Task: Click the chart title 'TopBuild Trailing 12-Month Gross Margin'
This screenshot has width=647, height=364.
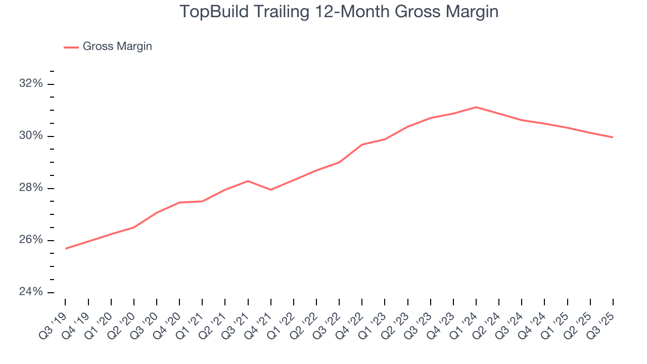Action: pos(339,12)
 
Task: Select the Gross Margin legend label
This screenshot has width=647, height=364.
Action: pos(117,47)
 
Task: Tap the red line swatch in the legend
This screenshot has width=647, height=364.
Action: pos(71,47)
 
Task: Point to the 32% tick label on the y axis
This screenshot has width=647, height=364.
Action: pos(31,84)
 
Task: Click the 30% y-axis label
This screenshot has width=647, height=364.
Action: pos(31,136)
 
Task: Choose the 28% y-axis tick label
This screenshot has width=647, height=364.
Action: pos(31,188)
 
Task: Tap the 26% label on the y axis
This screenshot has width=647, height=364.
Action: pos(31,240)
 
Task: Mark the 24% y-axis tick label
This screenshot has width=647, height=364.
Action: pos(31,292)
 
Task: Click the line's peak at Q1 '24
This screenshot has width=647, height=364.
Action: pos(476,107)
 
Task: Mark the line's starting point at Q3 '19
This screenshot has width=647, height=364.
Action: pos(66,248)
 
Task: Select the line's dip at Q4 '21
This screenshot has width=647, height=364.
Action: pos(271,190)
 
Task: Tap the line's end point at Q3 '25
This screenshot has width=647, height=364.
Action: pos(613,137)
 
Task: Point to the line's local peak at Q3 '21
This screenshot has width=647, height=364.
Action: pos(248,181)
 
